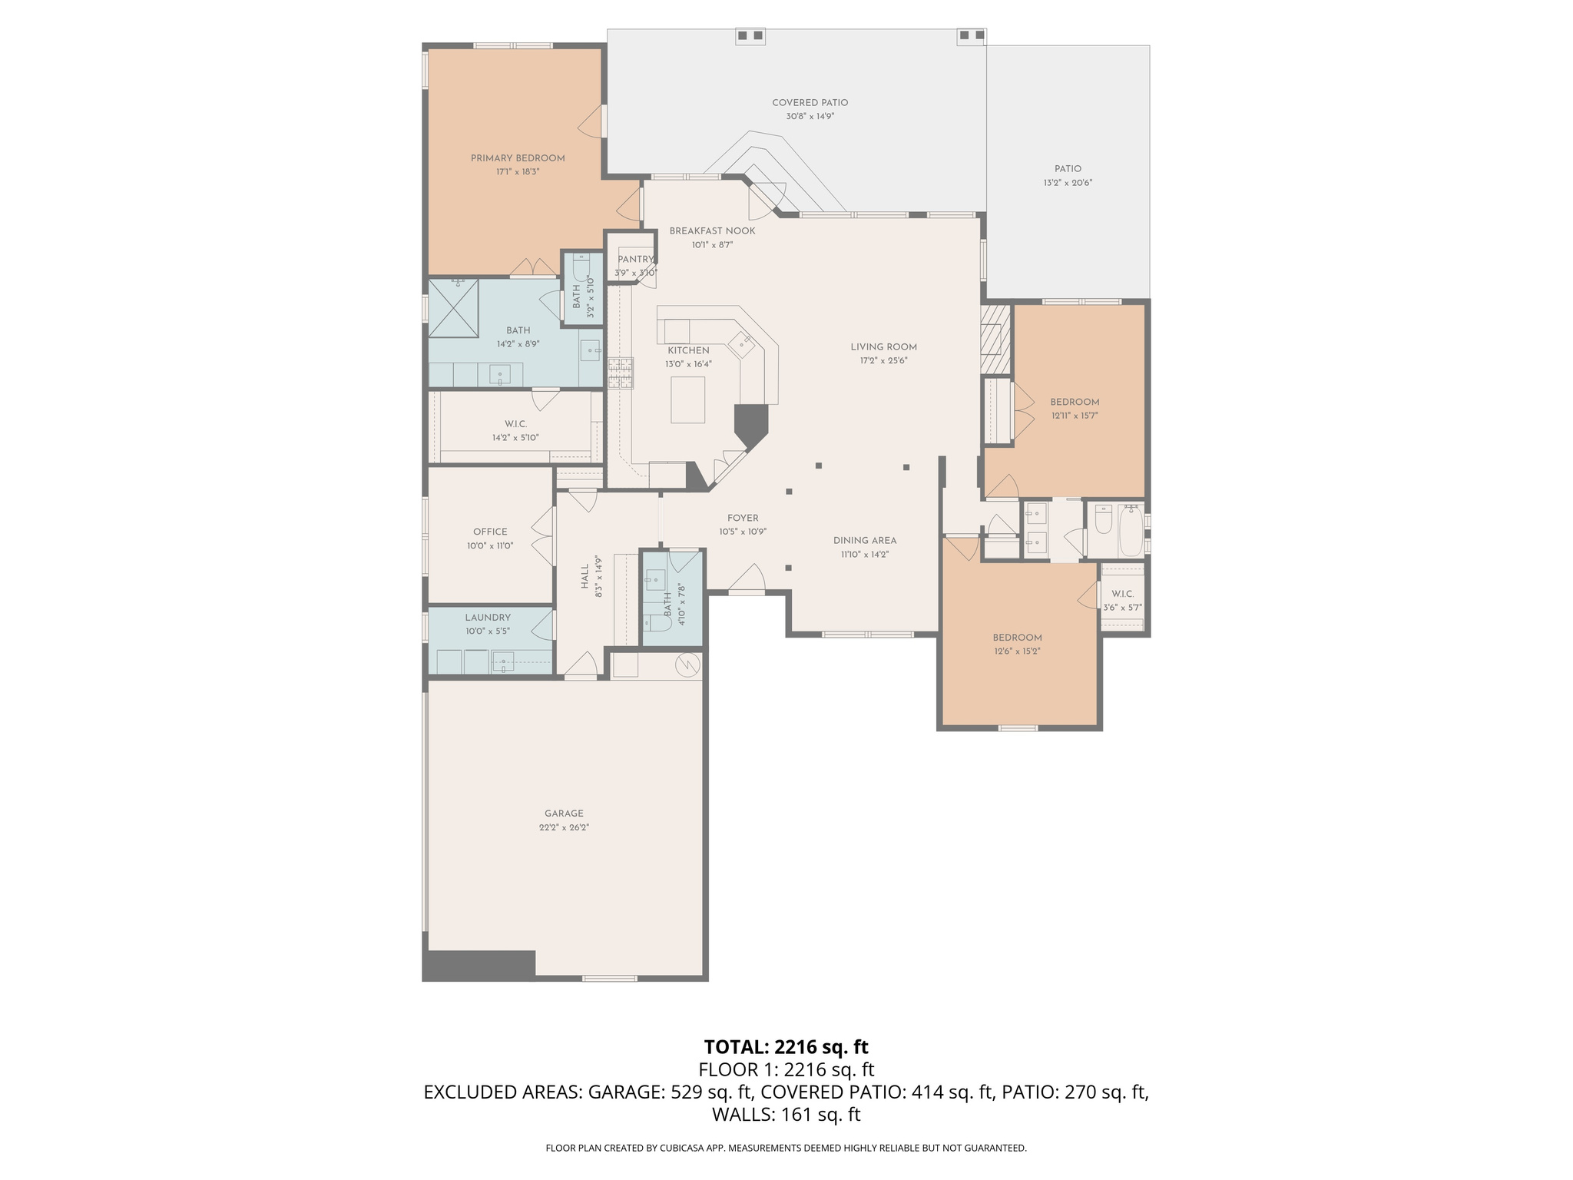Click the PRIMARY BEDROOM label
tap(517, 158)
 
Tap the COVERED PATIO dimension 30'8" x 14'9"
tap(810, 117)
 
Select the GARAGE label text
tap(564, 814)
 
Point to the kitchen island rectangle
tap(687, 399)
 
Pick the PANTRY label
tap(635, 260)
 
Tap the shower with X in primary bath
tap(453, 309)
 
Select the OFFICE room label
tap(490, 532)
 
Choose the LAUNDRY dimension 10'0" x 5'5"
tap(487, 631)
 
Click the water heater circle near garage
tap(687, 665)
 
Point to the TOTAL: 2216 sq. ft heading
tap(786, 1047)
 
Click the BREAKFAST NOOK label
tap(712, 231)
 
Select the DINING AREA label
tap(865, 541)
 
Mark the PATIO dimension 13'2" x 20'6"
tap(1068, 183)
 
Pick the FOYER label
tap(743, 519)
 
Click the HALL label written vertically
tap(585, 576)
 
